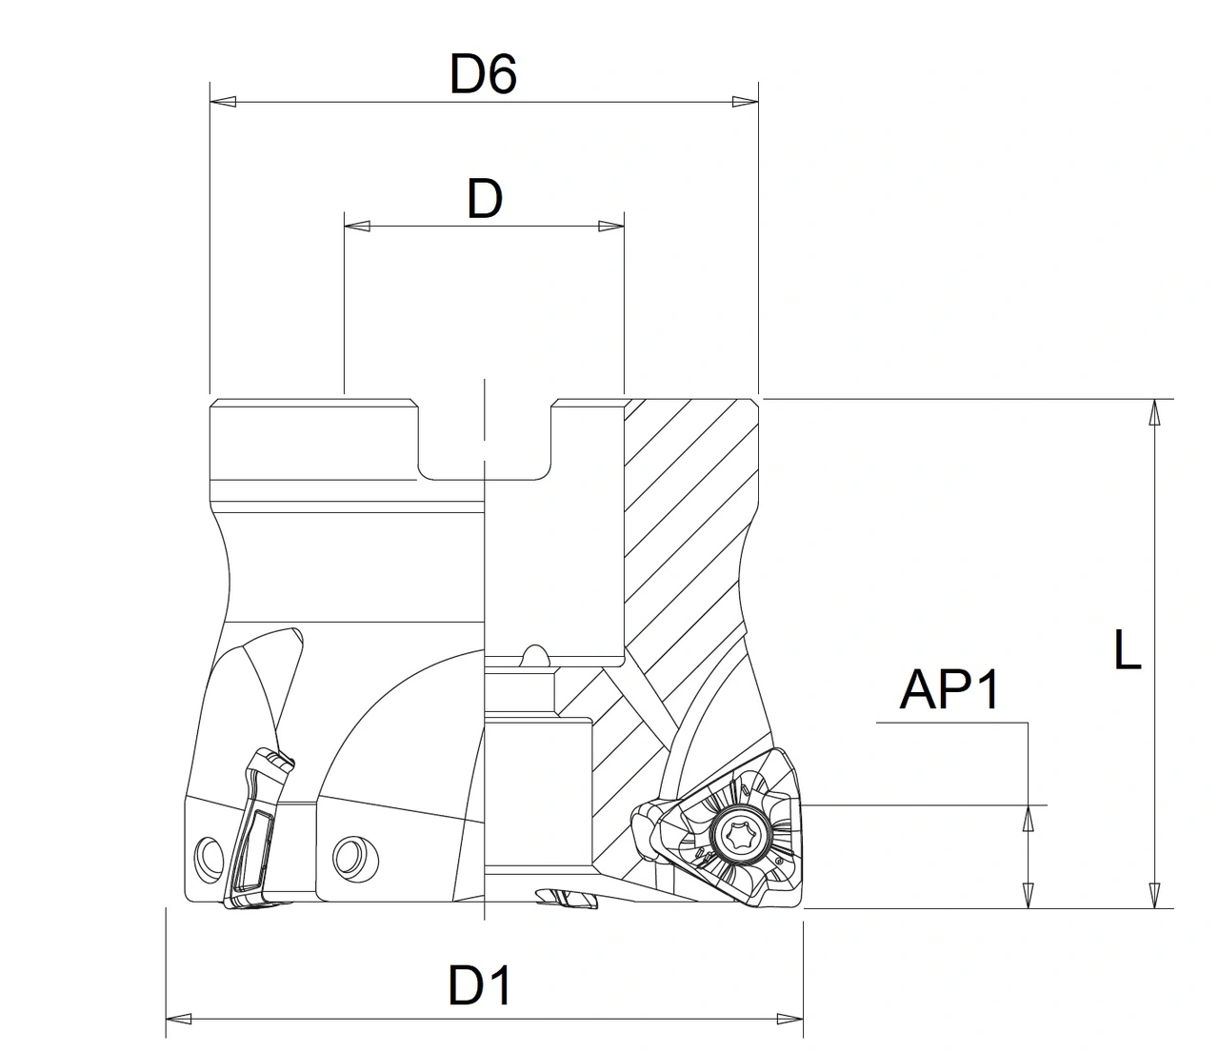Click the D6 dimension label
click(x=483, y=74)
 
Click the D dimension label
click(x=484, y=200)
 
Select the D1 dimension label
click(x=480, y=986)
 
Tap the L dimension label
click(x=1127, y=652)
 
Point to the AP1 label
click(x=949, y=689)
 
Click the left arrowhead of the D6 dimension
click(x=221, y=101)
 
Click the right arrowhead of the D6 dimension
click(x=746, y=101)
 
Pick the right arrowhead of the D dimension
click(x=611, y=227)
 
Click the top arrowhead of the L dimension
click(x=1154, y=412)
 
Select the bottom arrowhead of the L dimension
click(x=1154, y=896)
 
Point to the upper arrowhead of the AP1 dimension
click(x=1029, y=818)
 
